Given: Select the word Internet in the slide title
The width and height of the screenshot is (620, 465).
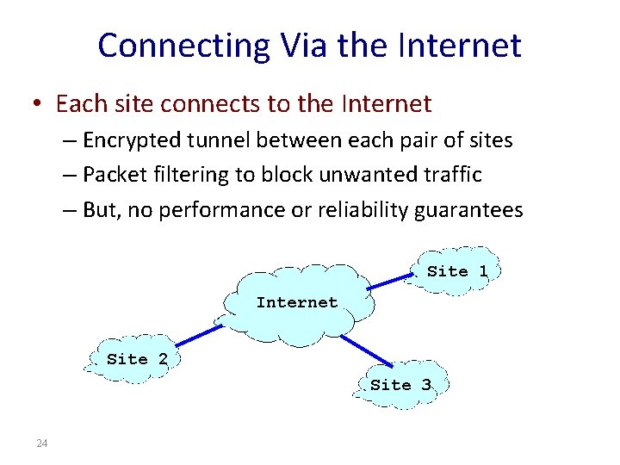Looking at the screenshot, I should (x=461, y=46).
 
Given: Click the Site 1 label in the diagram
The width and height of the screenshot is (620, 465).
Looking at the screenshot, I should (x=457, y=271).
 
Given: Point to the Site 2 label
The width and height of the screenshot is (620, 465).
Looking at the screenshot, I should (x=137, y=359).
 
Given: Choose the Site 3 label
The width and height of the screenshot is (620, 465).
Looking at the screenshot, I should (x=400, y=385).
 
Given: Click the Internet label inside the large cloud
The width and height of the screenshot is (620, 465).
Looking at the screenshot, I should (x=296, y=302).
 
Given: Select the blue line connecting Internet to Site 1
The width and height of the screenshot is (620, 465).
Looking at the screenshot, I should (x=394, y=280).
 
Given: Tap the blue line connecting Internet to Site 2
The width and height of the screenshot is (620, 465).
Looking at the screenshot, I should (x=196, y=336).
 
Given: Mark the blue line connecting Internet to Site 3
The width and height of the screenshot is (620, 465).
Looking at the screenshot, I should (x=366, y=349).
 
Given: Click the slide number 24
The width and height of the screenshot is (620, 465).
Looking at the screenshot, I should (x=42, y=443).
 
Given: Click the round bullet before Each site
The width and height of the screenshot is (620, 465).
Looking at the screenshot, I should (x=40, y=105).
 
